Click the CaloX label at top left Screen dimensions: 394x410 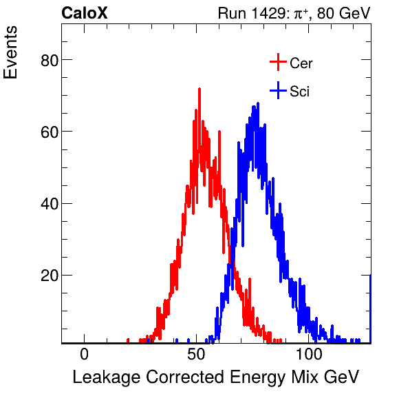pos(85,13)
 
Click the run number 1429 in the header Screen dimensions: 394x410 pos(268,13)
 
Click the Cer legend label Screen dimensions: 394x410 pos(301,63)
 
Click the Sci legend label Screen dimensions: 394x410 pos(300,91)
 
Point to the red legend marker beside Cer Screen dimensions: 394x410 pos(277,63)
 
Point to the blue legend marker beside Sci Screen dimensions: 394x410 pos(277,90)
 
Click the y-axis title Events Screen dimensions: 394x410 pos(12,54)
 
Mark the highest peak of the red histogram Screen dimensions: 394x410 pos(199,90)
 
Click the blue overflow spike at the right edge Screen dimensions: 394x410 pos(370,307)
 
